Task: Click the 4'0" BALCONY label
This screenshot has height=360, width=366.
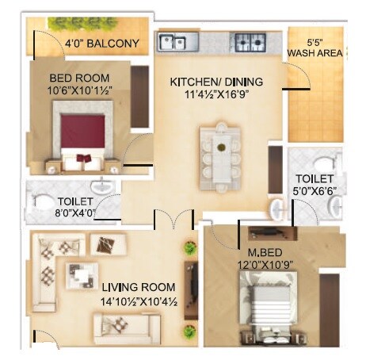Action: point(102,44)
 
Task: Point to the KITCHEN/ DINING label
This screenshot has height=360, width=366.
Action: point(216,82)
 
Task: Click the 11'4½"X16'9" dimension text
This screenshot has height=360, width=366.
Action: point(216,95)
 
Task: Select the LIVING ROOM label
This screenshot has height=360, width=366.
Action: point(139,287)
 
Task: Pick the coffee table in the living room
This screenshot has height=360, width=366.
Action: point(80,275)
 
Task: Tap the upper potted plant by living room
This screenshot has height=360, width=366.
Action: point(189,247)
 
